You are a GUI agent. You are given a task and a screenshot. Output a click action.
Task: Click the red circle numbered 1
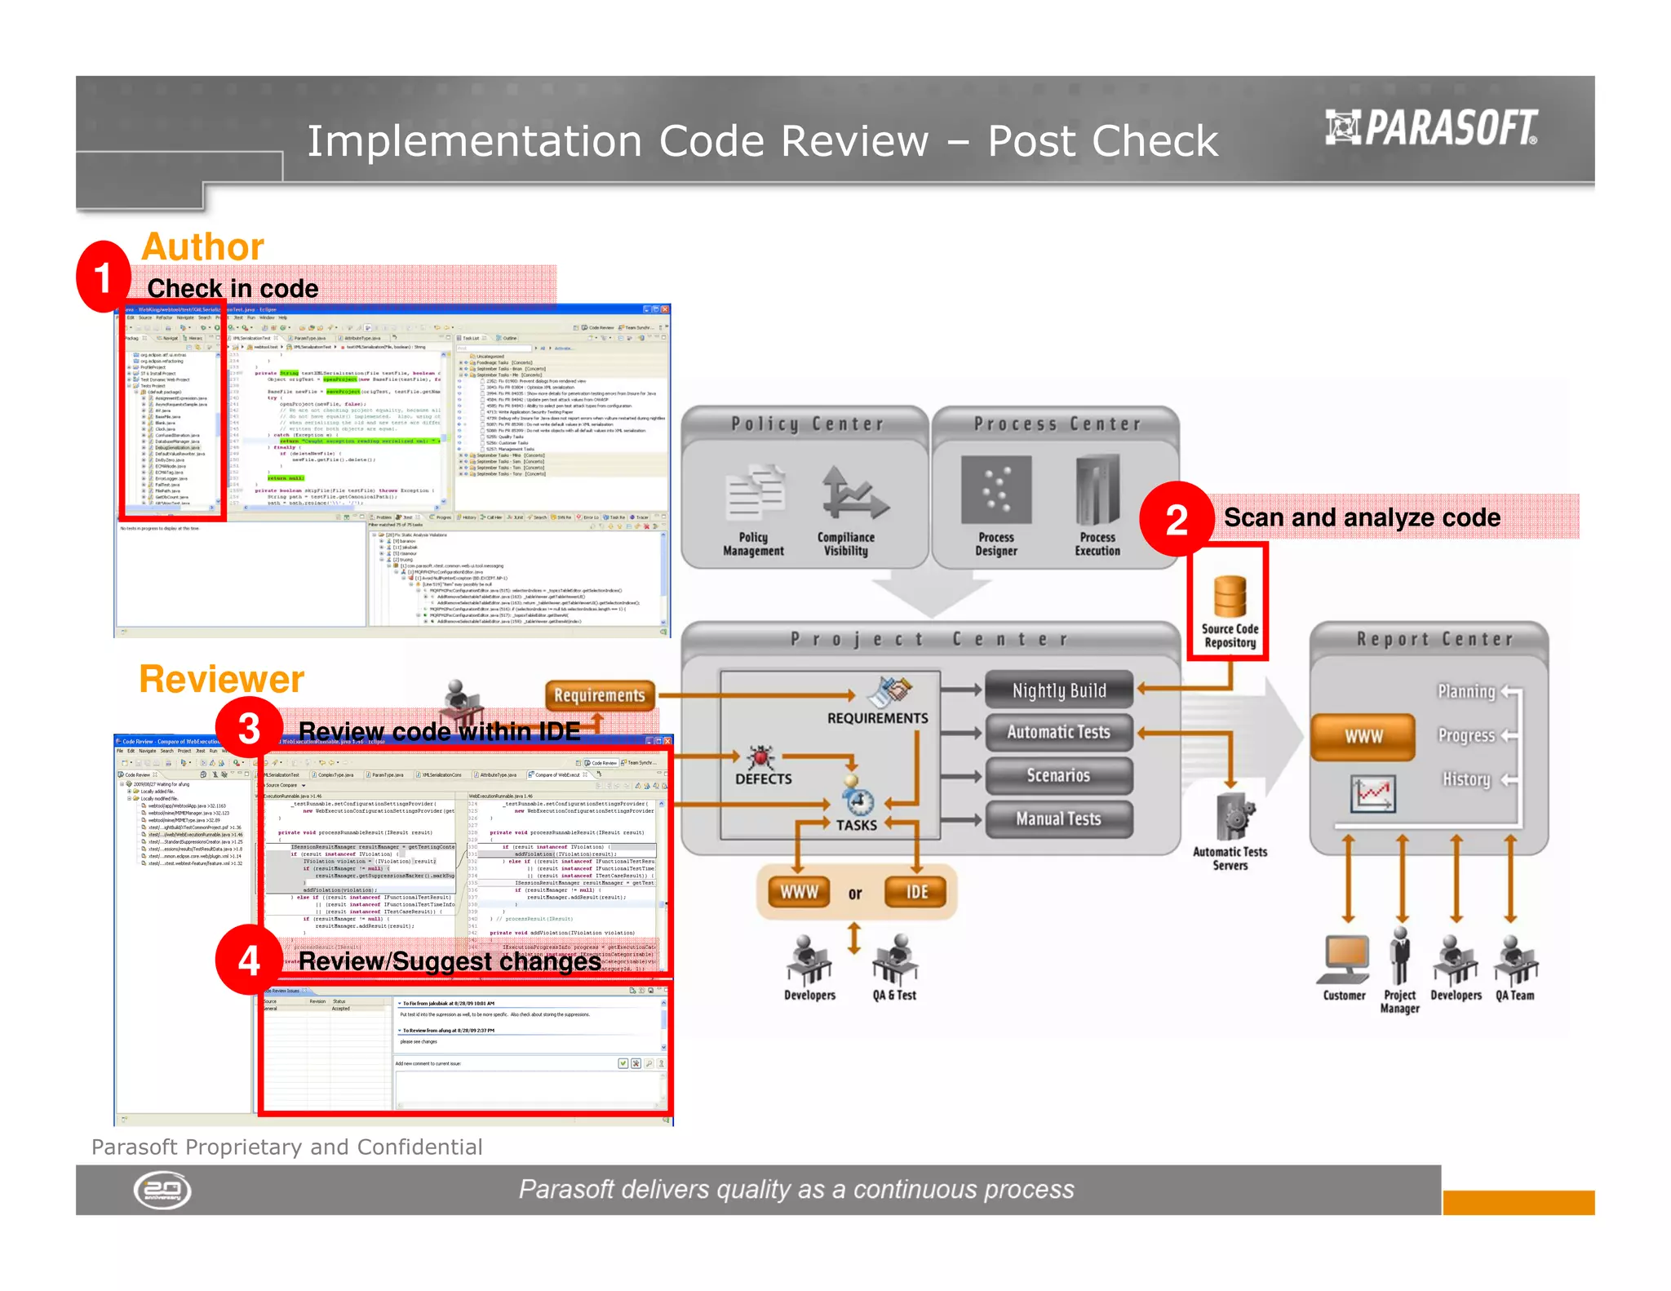pos(104,277)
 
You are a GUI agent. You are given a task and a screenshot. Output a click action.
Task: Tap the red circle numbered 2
pos(1176,519)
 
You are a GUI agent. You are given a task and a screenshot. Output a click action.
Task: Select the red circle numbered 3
pos(249,729)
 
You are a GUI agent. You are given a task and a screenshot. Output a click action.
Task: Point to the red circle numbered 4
pos(249,960)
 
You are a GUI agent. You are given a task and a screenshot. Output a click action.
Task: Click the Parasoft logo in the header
pos(1431,128)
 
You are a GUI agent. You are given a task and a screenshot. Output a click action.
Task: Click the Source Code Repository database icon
pos(1230,597)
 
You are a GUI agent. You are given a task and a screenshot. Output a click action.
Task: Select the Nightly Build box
pos(1059,690)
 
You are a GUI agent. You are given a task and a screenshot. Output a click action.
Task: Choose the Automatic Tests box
pos(1059,732)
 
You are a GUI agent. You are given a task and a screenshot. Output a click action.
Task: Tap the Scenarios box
pos(1059,775)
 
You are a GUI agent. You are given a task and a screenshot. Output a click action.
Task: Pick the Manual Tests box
pos(1059,819)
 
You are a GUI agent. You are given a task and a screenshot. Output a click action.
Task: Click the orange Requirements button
pos(600,695)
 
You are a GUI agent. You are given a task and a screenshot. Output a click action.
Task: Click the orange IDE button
pos(917,892)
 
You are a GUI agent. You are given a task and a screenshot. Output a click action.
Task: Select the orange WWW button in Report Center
pos(1363,736)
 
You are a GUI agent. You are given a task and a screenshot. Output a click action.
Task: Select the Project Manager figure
pos(1401,956)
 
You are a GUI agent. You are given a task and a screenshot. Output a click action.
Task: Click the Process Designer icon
pos(996,490)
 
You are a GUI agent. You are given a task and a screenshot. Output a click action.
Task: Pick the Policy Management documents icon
pos(755,492)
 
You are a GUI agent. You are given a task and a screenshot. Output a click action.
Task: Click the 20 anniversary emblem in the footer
pos(162,1191)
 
